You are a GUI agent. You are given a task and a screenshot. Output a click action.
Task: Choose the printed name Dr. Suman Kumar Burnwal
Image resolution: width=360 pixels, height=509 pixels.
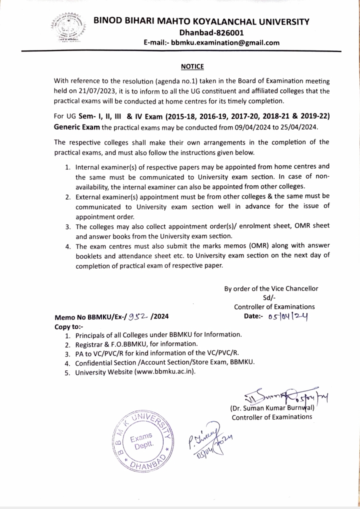pyautogui.click(x=271, y=408)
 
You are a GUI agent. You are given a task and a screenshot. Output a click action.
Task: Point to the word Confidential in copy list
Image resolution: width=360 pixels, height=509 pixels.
pyautogui.click(x=96, y=362)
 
